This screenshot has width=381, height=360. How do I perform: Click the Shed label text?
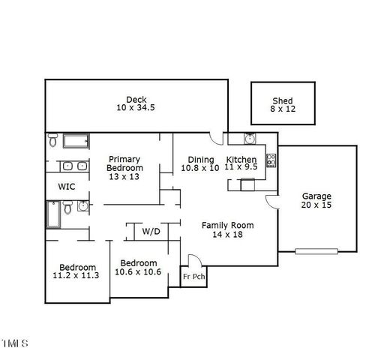click(282, 101)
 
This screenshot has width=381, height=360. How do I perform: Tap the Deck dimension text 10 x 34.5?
click(136, 109)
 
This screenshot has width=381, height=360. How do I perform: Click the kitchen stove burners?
click(271, 160)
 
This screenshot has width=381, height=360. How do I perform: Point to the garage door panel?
click(313, 251)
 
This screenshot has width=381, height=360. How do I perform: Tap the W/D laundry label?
click(151, 232)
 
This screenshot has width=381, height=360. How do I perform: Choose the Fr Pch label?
click(193, 277)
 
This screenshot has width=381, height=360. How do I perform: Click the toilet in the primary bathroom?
click(53, 141)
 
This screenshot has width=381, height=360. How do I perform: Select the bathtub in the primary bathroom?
click(76, 141)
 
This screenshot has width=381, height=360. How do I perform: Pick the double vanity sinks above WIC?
click(73, 166)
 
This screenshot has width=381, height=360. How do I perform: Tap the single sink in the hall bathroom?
click(82, 205)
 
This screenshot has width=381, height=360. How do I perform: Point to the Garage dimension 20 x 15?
click(316, 205)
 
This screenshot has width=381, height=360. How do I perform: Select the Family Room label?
click(228, 225)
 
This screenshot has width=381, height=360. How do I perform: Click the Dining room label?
click(201, 159)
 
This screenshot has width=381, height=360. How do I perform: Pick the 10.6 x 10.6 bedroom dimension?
click(138, 271)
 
